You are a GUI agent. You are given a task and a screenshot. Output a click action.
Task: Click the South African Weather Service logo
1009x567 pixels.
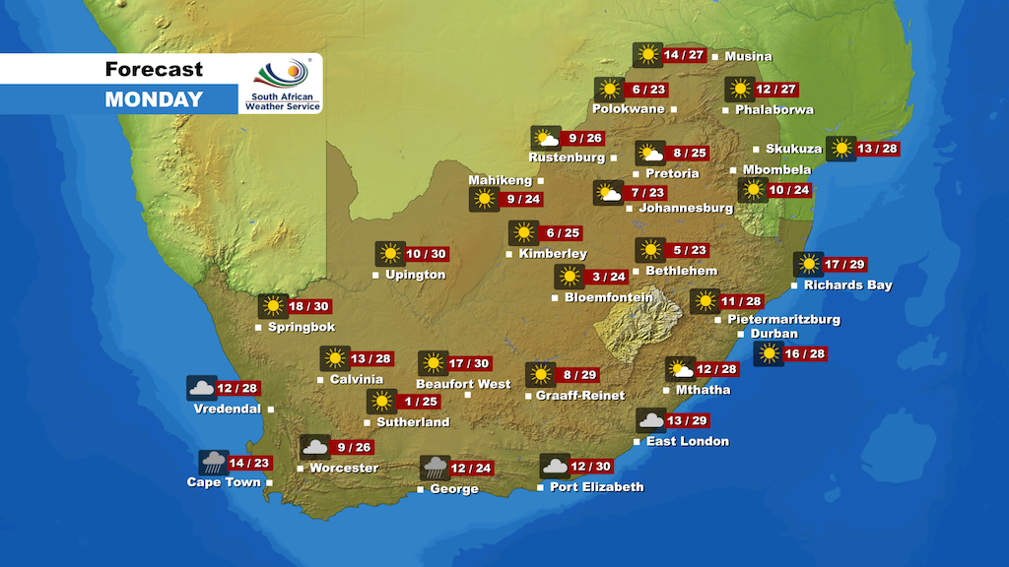coord(281,85)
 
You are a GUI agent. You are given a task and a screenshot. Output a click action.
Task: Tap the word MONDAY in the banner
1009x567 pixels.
coord(154,99)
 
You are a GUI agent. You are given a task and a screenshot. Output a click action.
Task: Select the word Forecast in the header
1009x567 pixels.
coord(154,69)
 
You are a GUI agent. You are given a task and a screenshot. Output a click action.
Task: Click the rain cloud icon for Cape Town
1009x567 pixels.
coord(214,463)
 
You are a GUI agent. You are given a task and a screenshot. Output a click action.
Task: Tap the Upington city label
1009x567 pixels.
coord(415,275)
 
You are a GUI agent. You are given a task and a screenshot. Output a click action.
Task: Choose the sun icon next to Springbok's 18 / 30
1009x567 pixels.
coord(273,306)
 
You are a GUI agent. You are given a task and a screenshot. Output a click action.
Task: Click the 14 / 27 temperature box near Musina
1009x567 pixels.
coord(684,55)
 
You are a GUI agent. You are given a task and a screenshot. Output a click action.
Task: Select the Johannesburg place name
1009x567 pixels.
coord(686,209)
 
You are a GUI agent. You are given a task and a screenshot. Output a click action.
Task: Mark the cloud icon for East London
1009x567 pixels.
coord(650,421)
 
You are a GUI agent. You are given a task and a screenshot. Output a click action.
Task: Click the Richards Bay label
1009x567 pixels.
coord(847,285)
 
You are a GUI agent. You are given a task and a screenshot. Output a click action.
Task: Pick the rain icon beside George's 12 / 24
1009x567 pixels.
coord(436,468)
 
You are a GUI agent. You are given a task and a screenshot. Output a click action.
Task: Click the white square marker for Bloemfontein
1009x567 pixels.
coord(555,297)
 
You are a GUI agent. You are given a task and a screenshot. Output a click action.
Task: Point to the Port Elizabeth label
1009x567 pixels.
coord(596,487)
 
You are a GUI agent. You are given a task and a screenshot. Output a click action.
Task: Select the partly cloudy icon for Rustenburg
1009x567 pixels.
coord(545,138)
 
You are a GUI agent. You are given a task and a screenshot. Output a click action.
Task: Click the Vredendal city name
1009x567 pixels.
coord(227,409)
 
